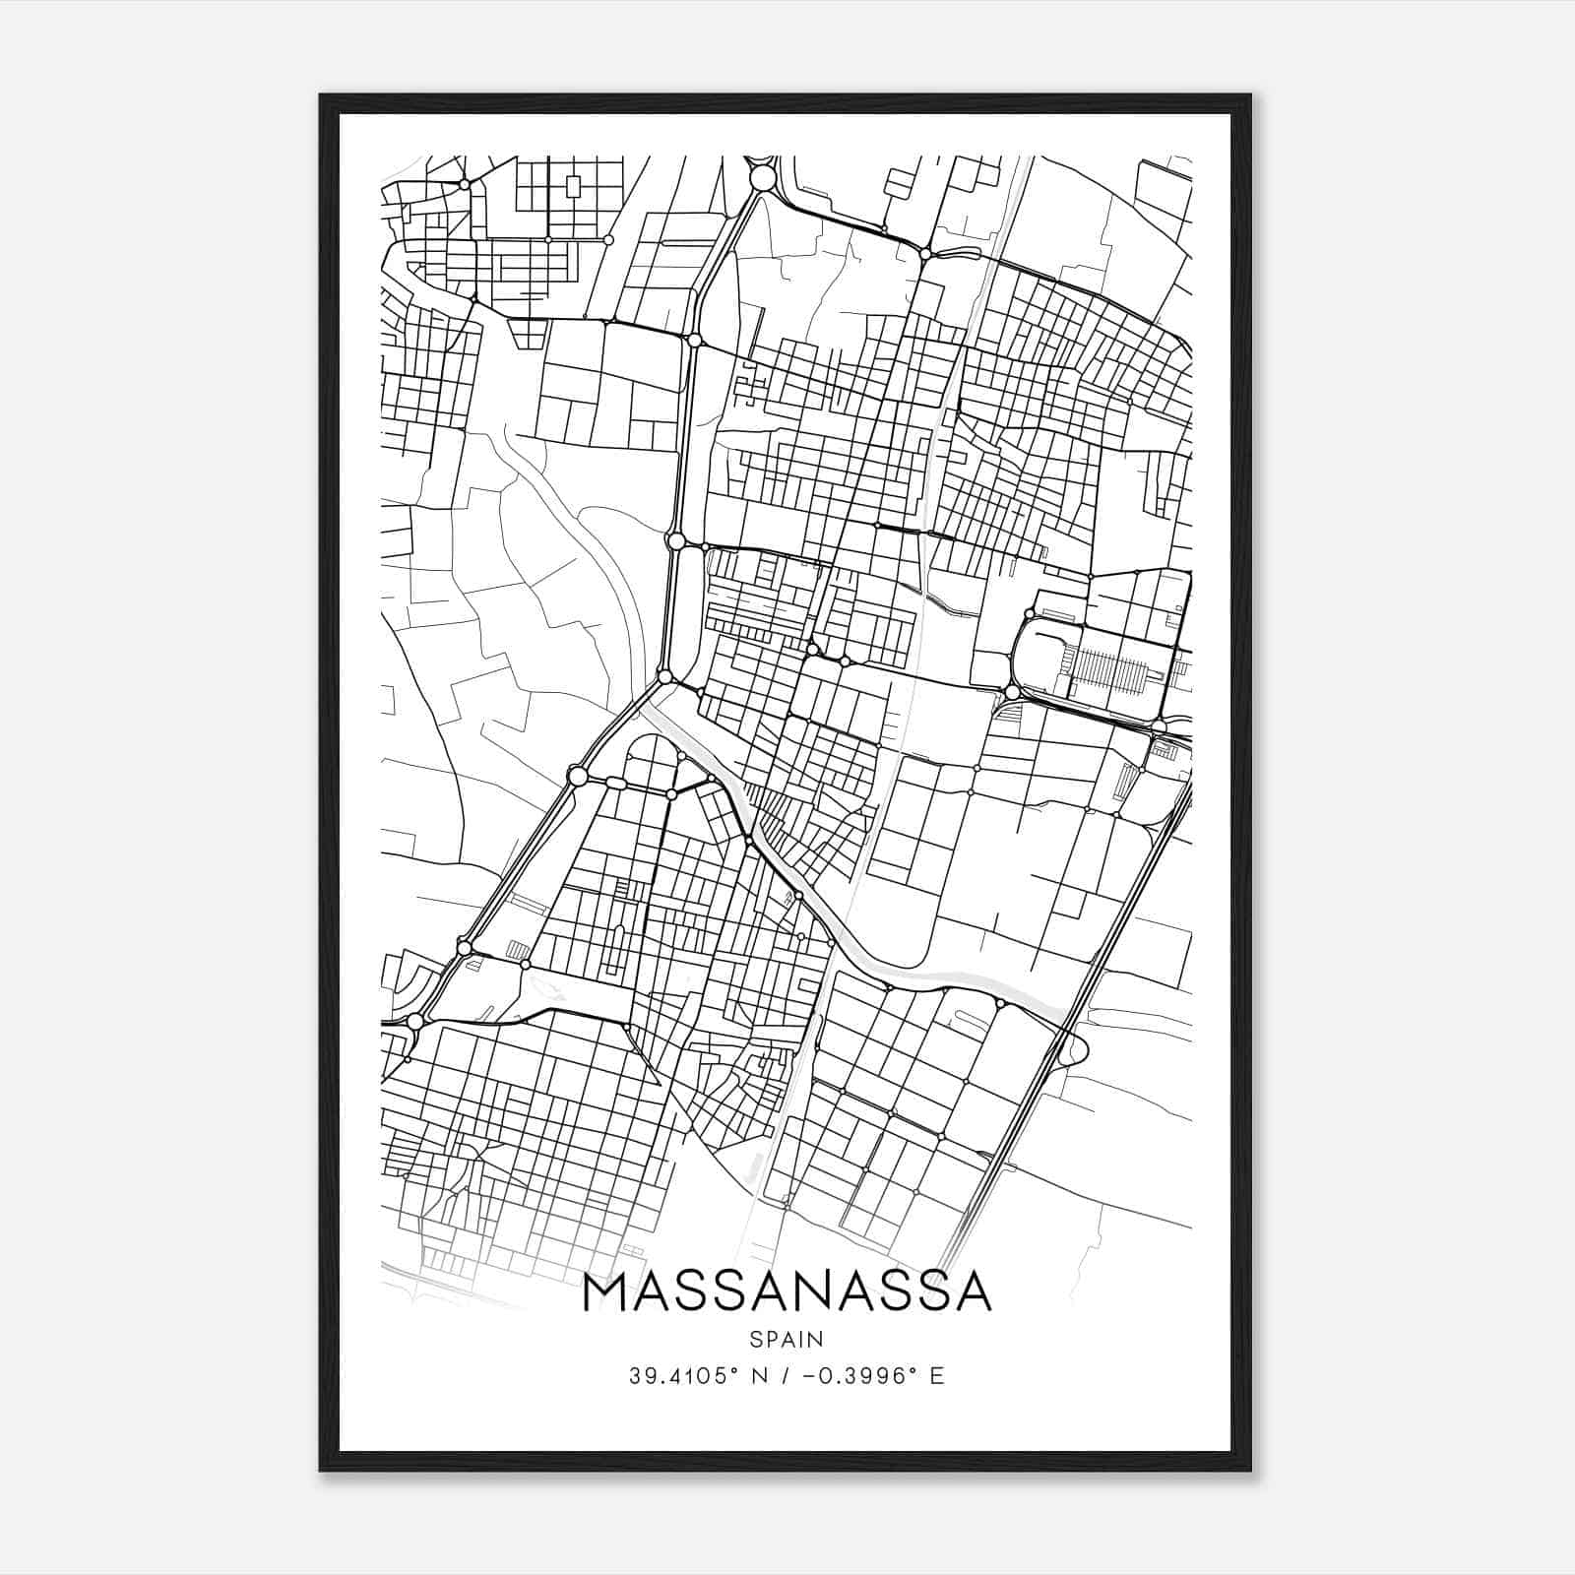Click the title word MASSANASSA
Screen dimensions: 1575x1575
click(x=787, y=1292)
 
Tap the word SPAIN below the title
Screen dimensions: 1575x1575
click(x=787, y=1340)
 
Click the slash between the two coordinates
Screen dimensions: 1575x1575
click(x=781, y=1376)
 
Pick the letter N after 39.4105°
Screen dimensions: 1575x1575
click(x=757, y=1376)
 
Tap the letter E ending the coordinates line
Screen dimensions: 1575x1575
click(x=937, y=1376)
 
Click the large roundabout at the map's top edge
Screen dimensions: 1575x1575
click(x=763, y=177)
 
